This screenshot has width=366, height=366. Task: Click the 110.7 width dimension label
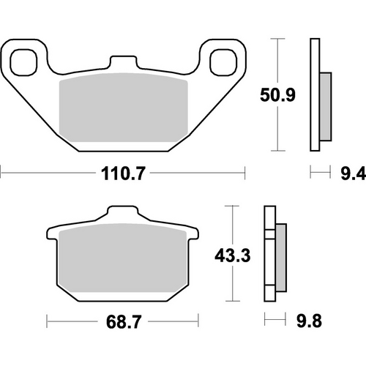click(x=122, y=174)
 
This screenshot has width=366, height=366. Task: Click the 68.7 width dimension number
click(x=122, y=321)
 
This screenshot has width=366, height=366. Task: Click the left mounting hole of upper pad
click(x=26, y=63)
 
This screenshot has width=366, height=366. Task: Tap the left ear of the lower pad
click(x=53, y=236)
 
